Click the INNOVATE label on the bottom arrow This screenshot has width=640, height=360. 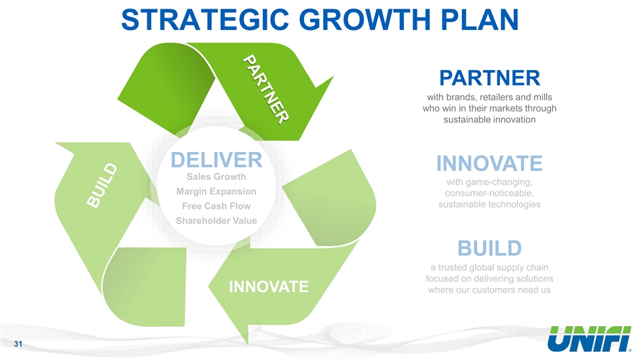tap(269, 287)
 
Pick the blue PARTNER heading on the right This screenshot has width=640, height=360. tap(489, 77)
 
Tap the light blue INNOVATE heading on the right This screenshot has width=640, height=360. tap(489, 163)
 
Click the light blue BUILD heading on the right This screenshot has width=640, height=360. tap(489, 248)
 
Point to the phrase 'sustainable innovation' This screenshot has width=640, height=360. tap(489, 121)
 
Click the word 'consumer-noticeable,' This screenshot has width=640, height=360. tap(489, 193)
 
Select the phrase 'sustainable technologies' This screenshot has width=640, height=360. tap(489, 205)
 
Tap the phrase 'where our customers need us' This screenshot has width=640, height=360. tap(489, 290)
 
